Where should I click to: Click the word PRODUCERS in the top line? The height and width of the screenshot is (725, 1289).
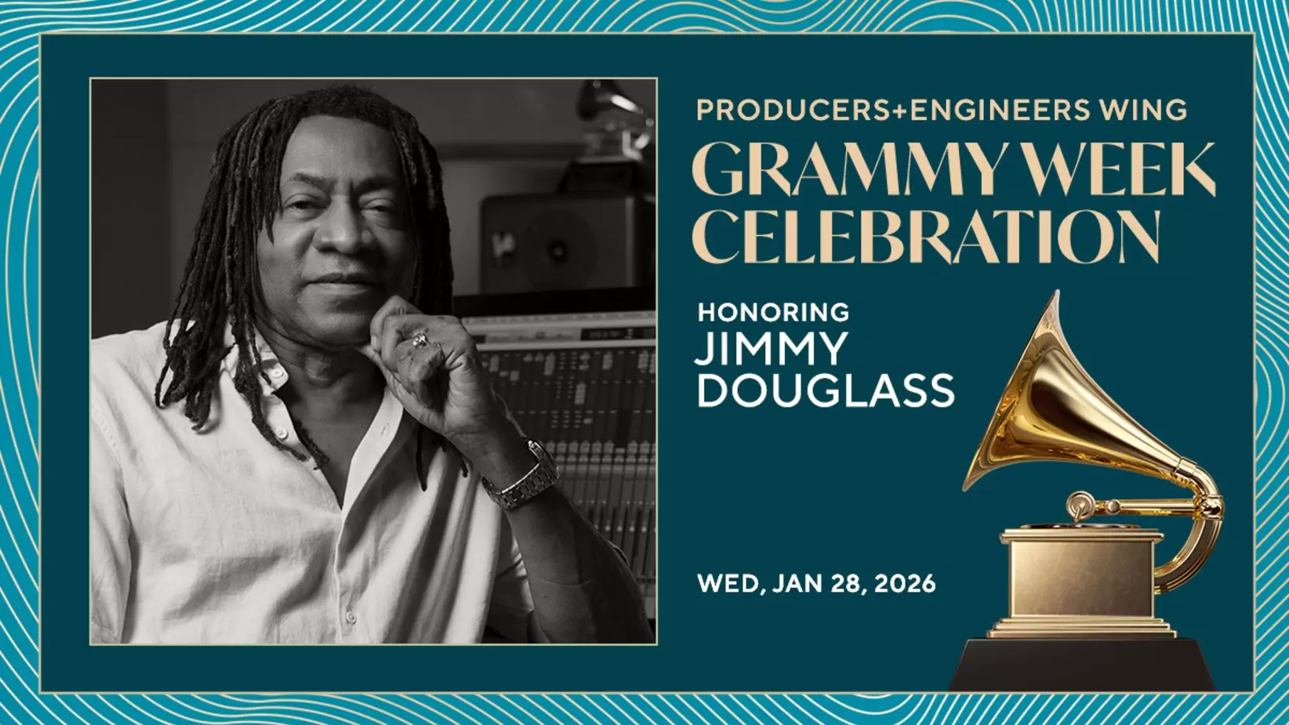pyautogui.click(x=792, y=111)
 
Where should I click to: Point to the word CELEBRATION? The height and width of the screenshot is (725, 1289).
pyautogui.click(x=925, y=236)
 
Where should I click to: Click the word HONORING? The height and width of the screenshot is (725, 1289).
pyautogui.click(x=773, y=312)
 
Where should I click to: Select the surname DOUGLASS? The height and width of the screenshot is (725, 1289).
pyautogui.click(x=826, y=390)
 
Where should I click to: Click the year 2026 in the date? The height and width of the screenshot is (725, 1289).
pyautogui.click(x=905, y=584)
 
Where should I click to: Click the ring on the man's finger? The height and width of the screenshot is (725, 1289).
pyautogui.click(x=420, y=340)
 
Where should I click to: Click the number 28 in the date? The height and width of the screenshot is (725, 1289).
pyautogui.click(x=848, y=584)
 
